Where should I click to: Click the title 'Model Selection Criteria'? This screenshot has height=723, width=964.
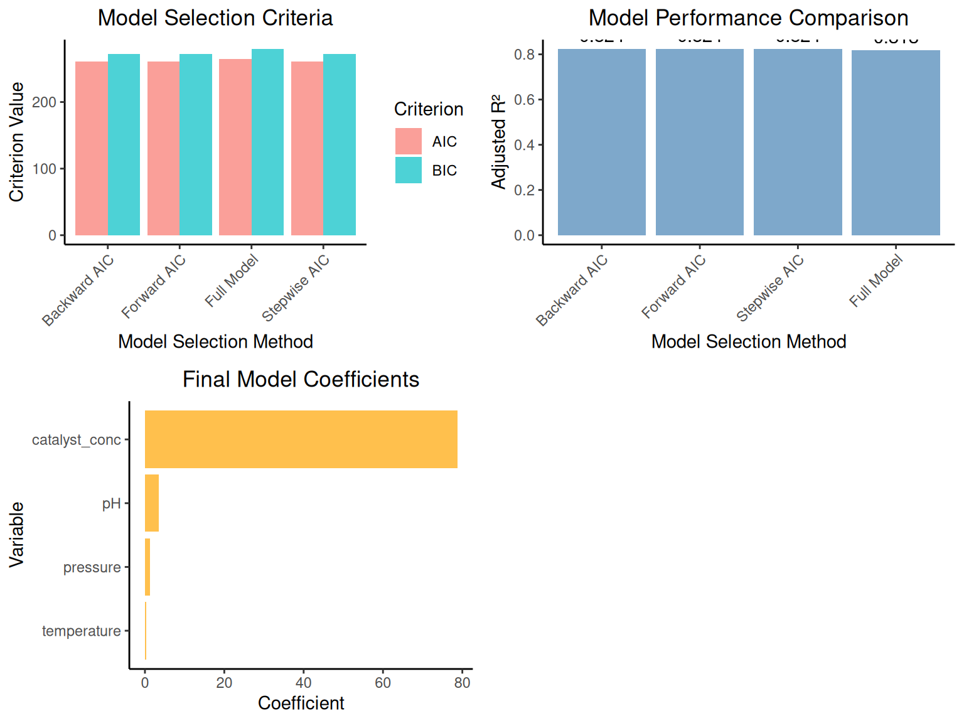(215, 18)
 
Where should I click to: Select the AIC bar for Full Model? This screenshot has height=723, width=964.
(235, 147)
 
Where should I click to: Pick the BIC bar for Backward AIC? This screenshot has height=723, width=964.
(124, 145)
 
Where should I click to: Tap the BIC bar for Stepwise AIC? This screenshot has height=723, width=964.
(340, 145)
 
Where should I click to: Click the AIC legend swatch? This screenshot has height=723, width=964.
(409, 141)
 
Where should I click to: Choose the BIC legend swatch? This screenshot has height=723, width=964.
(409, 170)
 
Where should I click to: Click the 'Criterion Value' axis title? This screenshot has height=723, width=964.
(17, 142)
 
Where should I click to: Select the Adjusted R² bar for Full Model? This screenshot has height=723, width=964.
(896, 143)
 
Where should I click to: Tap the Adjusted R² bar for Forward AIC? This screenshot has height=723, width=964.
(700, 142)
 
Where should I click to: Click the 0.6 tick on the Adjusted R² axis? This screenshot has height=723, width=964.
(525, 100)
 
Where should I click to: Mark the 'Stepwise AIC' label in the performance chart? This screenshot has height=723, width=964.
(770, 288)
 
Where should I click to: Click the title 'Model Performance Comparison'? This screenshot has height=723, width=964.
(748, 18)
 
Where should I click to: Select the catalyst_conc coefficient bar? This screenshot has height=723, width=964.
(301, 439)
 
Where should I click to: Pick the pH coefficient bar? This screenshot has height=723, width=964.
(152, 503)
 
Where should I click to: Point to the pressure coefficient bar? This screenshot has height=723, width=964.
(147, 567)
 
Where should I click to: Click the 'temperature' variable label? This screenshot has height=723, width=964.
(82, 631)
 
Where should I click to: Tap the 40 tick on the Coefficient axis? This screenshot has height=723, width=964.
(304, 683)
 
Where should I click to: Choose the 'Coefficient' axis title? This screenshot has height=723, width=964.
(301, 703)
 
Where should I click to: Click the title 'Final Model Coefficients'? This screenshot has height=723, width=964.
(301, 380)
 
